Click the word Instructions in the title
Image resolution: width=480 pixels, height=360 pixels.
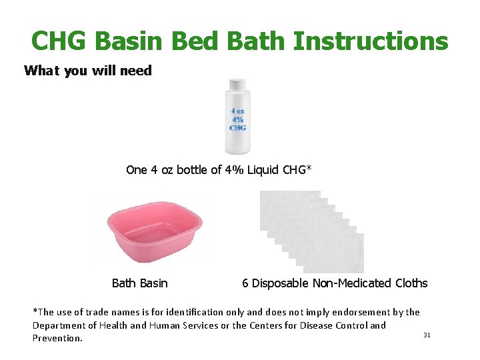[371, 41]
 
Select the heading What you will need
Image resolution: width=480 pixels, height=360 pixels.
[88, 71]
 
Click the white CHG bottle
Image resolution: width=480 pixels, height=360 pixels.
[238, 120]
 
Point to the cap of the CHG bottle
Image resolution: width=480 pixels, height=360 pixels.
[238, 85]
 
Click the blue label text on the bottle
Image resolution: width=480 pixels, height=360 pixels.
[238, 119]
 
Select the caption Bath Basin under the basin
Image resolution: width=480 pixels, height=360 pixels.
[140, 283]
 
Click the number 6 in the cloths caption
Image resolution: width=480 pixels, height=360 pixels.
[245, 283]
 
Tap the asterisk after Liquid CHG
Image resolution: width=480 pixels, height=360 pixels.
[308, 168]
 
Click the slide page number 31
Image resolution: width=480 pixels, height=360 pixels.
[427, 335]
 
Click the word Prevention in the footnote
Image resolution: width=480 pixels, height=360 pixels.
[58, 339]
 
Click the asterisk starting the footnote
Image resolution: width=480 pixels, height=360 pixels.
[35, 311]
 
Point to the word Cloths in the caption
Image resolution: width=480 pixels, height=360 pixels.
[411, 283]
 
